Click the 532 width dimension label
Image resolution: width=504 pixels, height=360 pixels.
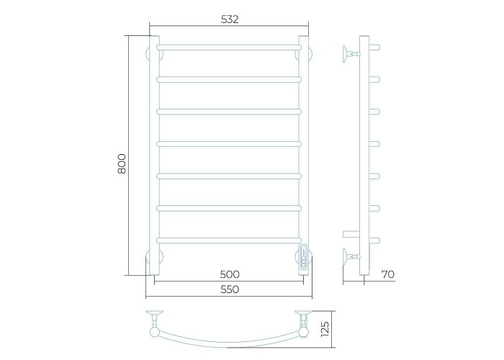pos(230,19)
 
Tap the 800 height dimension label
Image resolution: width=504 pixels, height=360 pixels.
pos(122,164)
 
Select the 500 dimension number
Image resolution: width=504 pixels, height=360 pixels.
pos(230,274)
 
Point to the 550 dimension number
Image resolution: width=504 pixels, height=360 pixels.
pos(230,289)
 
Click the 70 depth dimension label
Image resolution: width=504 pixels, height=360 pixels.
pos(387,274)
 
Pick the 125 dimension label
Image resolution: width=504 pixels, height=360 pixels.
pos(325,329)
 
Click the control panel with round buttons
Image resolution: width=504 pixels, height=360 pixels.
pos(303,256)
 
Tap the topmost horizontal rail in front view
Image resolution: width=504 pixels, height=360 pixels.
pos(229,48)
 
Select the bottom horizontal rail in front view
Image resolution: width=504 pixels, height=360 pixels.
pos(229,240)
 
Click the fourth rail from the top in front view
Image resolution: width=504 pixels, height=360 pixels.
pos(229,144)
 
